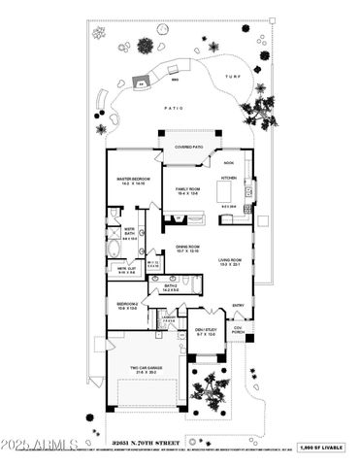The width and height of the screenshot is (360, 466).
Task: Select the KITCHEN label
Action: [228, 179]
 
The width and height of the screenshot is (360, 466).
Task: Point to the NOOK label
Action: [229, 163]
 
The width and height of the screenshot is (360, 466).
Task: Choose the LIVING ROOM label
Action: [230, 262]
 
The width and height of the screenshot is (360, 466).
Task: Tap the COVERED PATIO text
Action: [188, 148]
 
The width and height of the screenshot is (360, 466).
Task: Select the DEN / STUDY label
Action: [204, 332]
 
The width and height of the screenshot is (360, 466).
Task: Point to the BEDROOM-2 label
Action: [127, 306]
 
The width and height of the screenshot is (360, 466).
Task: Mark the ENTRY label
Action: [238, 306]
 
